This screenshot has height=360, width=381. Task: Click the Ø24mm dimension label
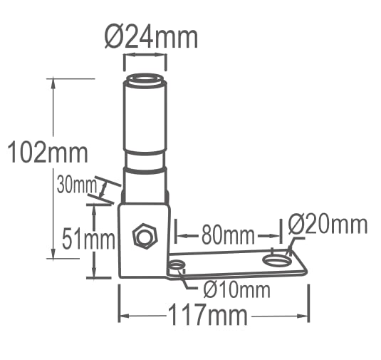(151, 38)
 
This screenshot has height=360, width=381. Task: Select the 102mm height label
(48, 153)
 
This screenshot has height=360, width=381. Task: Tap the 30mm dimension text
(76, 185)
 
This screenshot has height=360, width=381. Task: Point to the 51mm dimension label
(88, 239)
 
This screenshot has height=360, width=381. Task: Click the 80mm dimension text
(228, 235)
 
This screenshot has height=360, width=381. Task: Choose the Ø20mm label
(328, 225)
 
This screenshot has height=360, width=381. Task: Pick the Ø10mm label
(237, 290)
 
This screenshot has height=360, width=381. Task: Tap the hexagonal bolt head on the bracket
(145, 236)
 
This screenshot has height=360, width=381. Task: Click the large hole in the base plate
(276, 260)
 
